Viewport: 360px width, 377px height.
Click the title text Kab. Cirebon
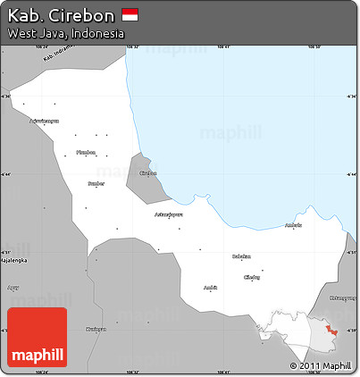(60, 15)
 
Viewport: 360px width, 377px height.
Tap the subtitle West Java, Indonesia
(65, 33)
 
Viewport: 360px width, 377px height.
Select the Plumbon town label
(85, 152)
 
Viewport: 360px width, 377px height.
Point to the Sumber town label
(96, 184)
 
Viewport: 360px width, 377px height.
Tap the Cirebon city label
(148, 173)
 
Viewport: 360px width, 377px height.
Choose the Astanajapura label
(169, 214)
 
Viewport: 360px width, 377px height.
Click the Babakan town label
(241, 256)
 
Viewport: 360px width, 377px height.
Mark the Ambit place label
(210, 288)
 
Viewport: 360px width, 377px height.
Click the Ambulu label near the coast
(293, 226)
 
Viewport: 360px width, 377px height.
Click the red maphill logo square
(37, 338)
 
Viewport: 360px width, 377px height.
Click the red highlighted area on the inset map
(331, 331)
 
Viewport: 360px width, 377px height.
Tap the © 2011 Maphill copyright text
(320, 366)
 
